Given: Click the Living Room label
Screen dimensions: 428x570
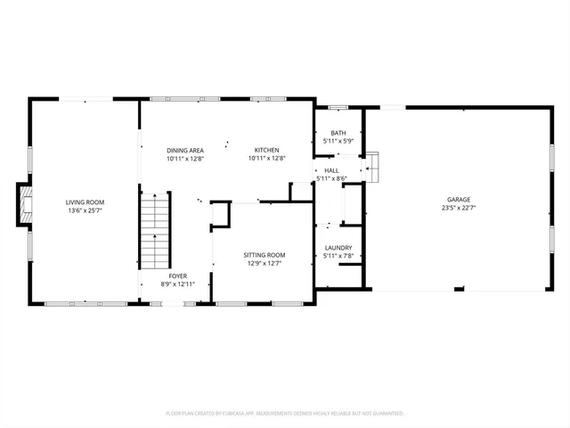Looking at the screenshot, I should pos(85,202).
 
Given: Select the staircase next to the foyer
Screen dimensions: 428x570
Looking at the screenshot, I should pos(156,231).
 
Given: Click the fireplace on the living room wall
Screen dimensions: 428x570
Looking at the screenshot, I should pos(26,203).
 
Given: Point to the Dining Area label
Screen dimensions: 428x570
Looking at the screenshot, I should pos(185,150).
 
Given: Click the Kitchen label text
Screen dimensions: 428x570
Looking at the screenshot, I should pos(267,150).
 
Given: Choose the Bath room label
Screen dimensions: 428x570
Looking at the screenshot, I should pos(338,133).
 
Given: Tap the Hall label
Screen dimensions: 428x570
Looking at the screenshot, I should pos(331,169).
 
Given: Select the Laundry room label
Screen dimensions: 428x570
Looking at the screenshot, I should pos(338,248).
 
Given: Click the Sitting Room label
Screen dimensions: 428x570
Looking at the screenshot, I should pos(265,255).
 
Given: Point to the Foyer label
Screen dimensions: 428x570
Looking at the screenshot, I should pos(176,276).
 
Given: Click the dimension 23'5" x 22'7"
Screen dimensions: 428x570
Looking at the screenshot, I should pos(459,209).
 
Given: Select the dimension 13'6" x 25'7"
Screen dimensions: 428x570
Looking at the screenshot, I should pos(85,211).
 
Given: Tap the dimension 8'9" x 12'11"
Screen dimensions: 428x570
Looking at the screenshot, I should pos(176,284).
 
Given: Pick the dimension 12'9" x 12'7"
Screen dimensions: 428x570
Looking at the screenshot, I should pos(265,264).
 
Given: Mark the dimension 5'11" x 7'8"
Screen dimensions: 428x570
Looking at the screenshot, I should pos(338,257).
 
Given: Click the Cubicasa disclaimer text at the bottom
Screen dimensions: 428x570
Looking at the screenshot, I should pos(285,414).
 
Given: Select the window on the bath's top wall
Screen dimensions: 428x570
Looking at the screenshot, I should pos(338,108).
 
